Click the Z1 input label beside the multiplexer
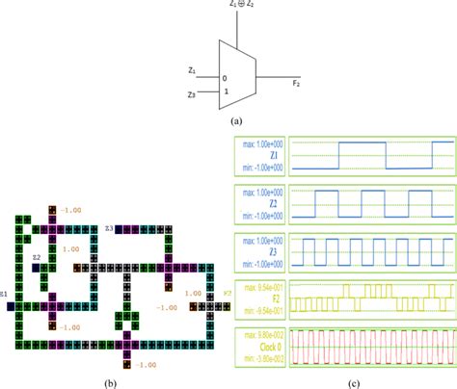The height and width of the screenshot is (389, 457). [194, 70]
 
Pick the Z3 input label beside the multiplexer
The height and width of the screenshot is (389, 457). [194, 95]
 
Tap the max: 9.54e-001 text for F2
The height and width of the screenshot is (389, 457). [260, 287]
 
